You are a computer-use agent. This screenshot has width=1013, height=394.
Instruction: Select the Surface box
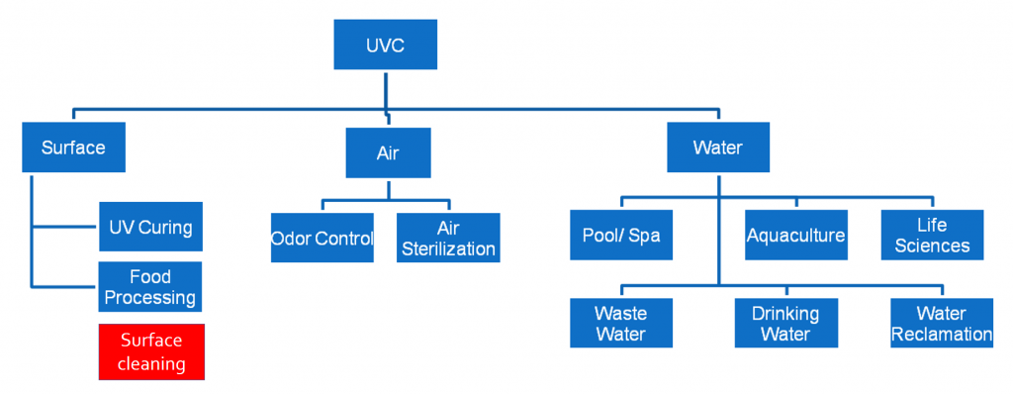pos(73,148)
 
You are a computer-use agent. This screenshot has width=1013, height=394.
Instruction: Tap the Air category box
pos(387,154)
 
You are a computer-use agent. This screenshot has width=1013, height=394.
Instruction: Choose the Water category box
pos(718,148)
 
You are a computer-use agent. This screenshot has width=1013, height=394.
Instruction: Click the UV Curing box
pos(150,227)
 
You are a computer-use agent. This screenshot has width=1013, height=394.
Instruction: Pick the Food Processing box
pos(150,286)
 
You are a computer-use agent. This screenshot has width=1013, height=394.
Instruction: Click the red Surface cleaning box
pos(151,351)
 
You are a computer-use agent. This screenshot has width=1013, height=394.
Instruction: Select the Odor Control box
pos(322,238)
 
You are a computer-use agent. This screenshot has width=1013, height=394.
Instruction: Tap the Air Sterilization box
pos(448,238)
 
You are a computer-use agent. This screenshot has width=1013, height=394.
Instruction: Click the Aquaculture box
pos(796,235)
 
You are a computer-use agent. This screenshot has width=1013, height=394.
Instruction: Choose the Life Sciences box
pos(933,235)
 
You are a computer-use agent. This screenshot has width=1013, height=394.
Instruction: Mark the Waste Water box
pos(621,323)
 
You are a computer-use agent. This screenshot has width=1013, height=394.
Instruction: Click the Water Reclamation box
pos(941,323)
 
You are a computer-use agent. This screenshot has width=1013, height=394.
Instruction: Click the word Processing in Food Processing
pos(150,297)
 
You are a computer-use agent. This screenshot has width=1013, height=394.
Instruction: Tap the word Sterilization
pos(448,248)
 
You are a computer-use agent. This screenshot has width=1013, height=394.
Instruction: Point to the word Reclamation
pos(941,335)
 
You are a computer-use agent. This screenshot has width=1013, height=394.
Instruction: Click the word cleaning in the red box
pos(151,363)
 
